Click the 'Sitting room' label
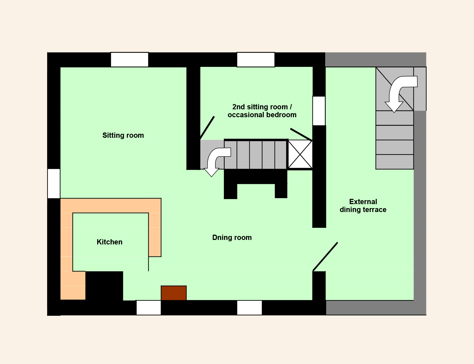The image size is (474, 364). [123, 135]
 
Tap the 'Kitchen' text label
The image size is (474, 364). [110, 242]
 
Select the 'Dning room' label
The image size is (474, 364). [232, 238]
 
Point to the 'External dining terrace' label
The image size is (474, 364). [363, 206]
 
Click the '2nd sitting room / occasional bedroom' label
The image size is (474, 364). [262, 111]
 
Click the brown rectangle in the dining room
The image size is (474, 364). [174, 293]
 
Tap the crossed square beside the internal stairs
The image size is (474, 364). [300, 154]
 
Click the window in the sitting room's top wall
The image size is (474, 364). [130, 60]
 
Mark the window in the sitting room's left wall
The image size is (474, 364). [54, 184]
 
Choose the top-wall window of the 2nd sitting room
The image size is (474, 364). [256, 60]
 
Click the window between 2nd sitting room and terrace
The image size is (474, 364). [319, 111]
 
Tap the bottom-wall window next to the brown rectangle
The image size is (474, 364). [149, 308]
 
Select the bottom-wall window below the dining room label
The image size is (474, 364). [249, 308]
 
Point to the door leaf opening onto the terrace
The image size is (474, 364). [325, 257]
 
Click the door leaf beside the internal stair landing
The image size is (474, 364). [207, 128]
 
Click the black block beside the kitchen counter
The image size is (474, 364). [104, 286]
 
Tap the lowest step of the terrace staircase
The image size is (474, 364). [394, 162]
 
